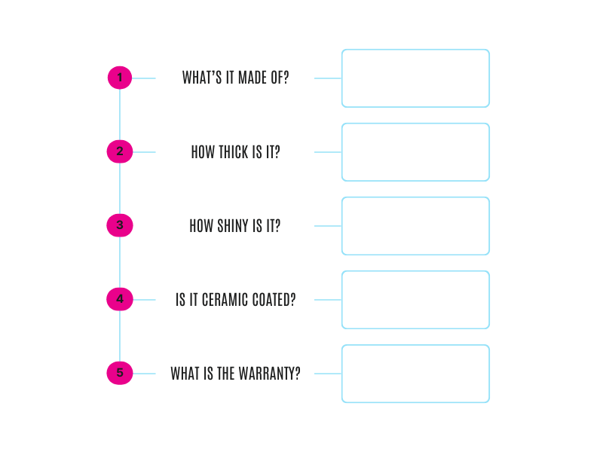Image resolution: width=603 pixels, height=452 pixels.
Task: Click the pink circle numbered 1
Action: pyautogui.click(x=120, y=78)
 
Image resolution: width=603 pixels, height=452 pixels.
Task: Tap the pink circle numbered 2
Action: pyautogui.click(x=120, y=151)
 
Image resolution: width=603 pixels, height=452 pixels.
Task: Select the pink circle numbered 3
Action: pyautogui.click(x=120, y=225)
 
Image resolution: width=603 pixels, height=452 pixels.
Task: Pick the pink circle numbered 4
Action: pyautogui.click(x=120, y=299)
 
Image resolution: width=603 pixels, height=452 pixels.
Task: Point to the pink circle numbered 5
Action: pyautogui.click(x=120, y=373)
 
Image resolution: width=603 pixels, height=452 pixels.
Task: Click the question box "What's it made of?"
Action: pyautogui.click(x=234, y=78)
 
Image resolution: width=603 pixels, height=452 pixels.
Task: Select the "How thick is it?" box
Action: pyautogui.click(x=234, y=152)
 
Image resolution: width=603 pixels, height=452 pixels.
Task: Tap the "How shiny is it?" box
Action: pyautogui.click(x=234, y=226)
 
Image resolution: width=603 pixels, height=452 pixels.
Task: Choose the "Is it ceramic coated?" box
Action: pyautogui.click(x=234, y=300)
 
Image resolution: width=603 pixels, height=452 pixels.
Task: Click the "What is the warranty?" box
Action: pyautogui.click(x=234, y=374)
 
